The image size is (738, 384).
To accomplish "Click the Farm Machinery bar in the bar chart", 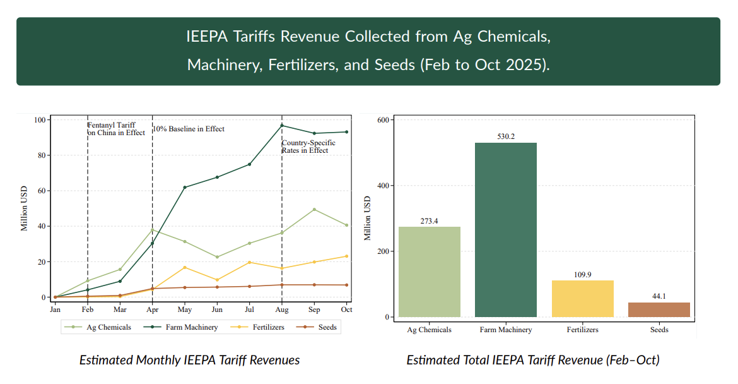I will pos(505,230).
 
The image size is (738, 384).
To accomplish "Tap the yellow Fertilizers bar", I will pos(582,299).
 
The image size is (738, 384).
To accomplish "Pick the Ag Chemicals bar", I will pos(429,272).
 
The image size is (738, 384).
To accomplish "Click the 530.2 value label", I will pos(506,136).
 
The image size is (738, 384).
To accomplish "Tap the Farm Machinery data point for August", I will pos(282,125).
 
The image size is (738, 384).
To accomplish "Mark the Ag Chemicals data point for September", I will pos(314,210).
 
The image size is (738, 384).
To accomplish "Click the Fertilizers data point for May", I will pos(185,267).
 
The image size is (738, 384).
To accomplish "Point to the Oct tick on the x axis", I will pos(346,309).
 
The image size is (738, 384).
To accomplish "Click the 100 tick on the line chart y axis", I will pos(40,120).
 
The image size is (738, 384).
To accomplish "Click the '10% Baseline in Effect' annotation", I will pos(189,129).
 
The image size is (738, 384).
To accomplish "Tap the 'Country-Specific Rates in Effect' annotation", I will pos(308,147).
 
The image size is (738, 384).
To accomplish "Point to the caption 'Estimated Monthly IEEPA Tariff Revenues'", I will pos(189,360).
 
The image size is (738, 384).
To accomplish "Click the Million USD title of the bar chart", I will pos(367,218).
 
